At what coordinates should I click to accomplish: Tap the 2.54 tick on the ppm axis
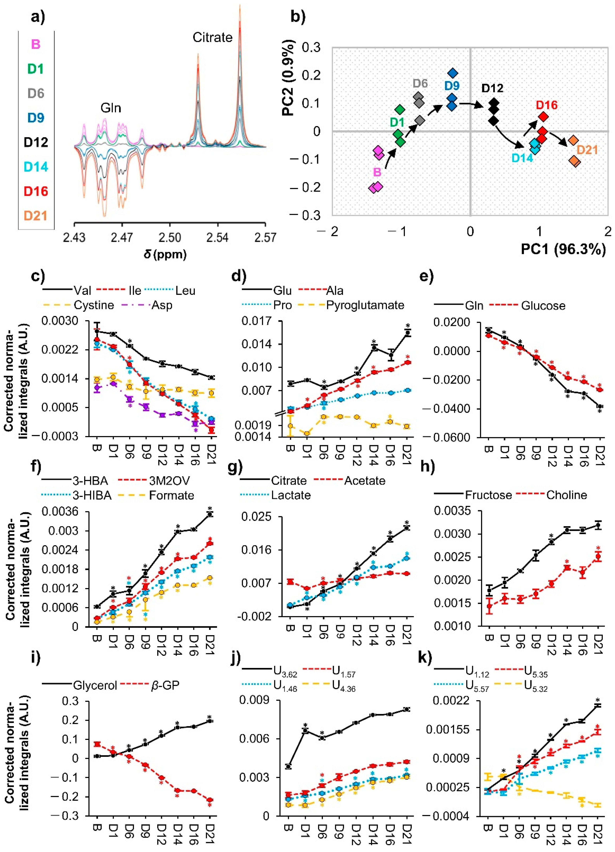pos(217,238)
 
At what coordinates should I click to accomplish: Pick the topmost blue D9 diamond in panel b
pos(453,73)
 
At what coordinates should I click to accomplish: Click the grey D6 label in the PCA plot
pos(420,83)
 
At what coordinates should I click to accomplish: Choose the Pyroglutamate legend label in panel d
pos(365,305)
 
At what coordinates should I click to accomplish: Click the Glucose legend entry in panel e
pos(543,306)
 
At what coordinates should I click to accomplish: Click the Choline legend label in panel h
pos(567,495)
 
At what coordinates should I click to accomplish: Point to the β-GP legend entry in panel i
pos(165,686)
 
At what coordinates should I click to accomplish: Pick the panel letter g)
pos(235,467)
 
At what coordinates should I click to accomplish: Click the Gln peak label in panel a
pos(111,108)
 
